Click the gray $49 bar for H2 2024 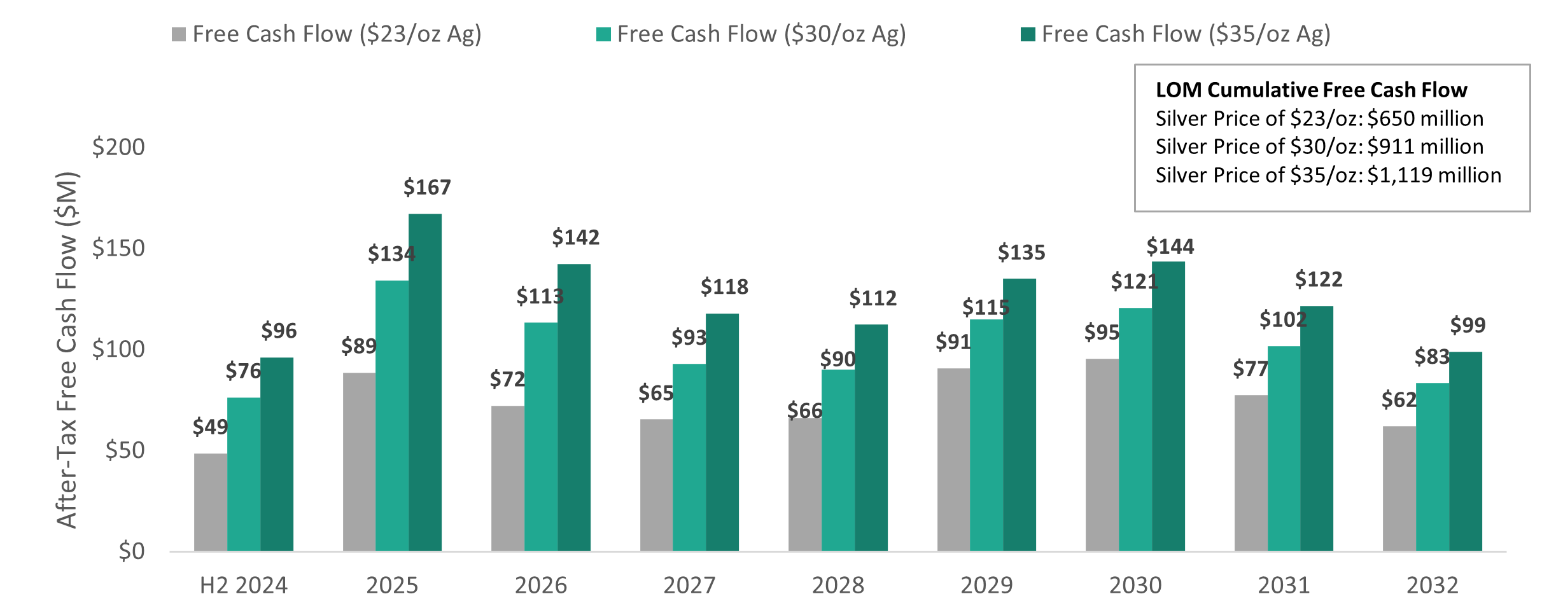click(211, 502)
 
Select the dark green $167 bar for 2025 click(425, 382)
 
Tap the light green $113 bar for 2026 click(541, 436)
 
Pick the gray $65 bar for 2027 click(656, 485)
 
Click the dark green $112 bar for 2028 click(871, 438)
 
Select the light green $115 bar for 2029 click(986, 435)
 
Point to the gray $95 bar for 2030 click(1102, 455)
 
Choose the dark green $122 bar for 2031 click(1317, 428)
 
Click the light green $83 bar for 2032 click(1433, 467)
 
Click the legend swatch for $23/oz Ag click(179, 34)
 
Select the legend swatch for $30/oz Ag click(603, 34)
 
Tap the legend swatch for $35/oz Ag click(1028, 34)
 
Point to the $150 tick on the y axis click(118, 248)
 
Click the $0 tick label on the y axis click(131, 551)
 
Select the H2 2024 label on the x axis click(244, 585)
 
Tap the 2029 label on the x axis click(986, 585)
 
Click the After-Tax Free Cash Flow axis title click(67, 350)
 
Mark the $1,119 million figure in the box click(1434, 175)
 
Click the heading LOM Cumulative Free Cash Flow click(1311, 90)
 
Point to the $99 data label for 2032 click(1468, 326)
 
